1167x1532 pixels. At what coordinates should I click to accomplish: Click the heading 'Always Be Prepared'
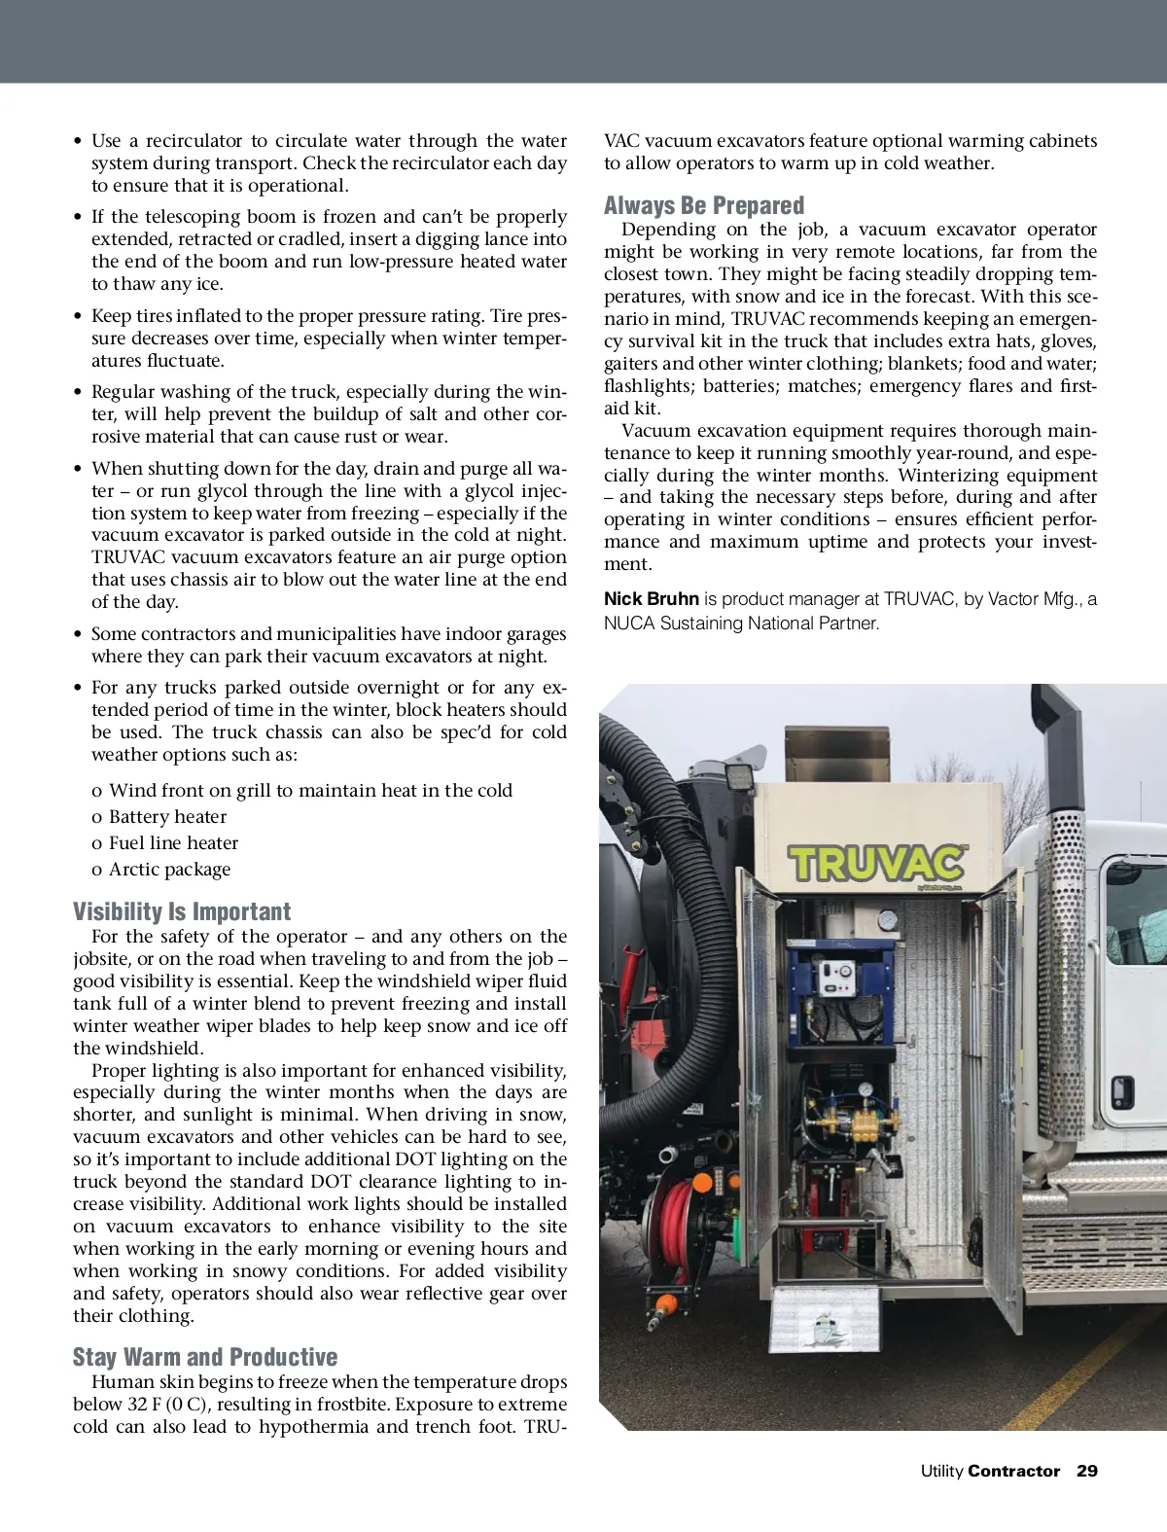tap(703, 205)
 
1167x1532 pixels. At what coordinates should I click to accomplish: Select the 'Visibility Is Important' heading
tap(182, 911)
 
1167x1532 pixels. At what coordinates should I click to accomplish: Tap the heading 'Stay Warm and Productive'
tap(205, 1357)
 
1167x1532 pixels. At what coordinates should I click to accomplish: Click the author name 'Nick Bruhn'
tap(651, 599)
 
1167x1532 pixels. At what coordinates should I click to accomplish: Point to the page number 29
tap(1086, 1471)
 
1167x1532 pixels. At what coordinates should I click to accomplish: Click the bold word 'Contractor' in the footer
tap(1013, 1471)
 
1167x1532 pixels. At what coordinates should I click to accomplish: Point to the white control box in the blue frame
tap(839, 984)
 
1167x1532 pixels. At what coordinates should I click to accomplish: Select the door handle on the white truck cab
tap(1121, 1087)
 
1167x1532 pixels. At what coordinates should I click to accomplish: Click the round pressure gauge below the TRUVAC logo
tap(886, 920)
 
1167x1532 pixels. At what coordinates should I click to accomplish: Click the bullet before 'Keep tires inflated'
tap(78, 316)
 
